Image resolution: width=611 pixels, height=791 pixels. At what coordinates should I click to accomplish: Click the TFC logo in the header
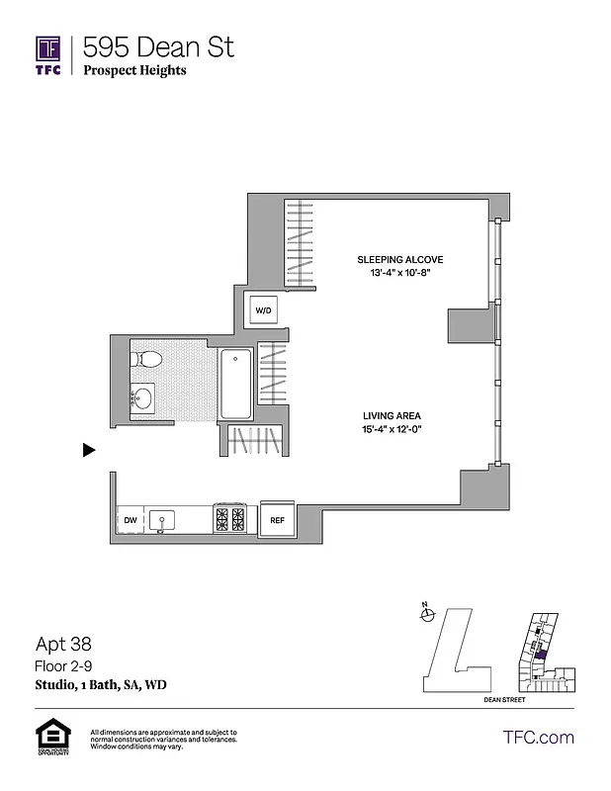coord(48,54)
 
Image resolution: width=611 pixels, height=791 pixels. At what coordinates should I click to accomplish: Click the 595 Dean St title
coord(158,46)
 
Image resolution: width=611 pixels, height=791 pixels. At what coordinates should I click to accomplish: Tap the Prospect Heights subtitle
coord(134,70)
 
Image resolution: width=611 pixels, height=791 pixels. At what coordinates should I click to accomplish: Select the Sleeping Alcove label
coord(393,260)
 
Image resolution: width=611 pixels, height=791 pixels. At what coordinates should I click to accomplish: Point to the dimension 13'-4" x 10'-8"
coord(393,273)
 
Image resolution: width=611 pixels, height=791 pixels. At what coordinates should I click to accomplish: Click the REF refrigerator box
coord(278,520)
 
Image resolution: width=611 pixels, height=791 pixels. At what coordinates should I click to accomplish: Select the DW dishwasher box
coord(130,520)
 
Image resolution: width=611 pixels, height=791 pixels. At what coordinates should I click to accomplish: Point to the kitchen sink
coord(163,519)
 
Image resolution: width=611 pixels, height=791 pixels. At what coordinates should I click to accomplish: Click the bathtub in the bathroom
coord(235,384)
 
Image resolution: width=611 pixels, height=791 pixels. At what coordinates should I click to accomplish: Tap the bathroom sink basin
coord(143,398)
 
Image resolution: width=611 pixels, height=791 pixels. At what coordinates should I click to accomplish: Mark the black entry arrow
coord(89,450)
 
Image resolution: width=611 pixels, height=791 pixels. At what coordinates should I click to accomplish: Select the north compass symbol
coord(427,615)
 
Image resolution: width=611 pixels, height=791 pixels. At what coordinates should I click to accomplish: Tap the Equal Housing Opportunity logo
coord(48,738)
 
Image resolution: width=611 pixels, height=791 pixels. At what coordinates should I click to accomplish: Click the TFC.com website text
coord(538,737)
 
